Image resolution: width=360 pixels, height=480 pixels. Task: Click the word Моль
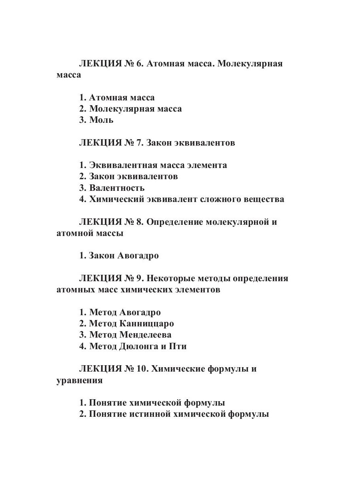[x=101, y=120]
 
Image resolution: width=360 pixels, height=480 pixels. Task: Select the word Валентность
[x=117, y=188]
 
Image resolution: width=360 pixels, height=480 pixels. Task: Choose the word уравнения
[x=80, y=381]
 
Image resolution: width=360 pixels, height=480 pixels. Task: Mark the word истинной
[x=150, y=414]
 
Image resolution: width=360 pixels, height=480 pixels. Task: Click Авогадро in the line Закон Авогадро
[x=138, y=256]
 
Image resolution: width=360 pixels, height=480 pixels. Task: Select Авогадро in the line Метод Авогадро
[x=140, y=312]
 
